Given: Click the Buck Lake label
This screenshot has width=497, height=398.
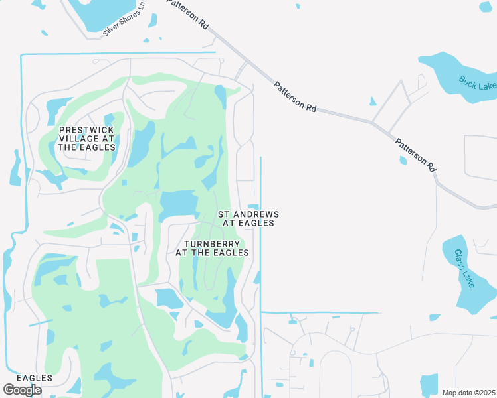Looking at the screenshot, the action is pyautogui.click(x=477, y=83).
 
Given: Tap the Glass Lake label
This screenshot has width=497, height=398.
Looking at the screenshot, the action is pyautogui.click(x=464, y=268).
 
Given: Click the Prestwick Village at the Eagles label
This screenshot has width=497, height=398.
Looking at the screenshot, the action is pyautogui.click(x=87, y=139).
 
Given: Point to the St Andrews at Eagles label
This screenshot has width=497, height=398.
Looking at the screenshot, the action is pyautogui.click(x=248, y=219).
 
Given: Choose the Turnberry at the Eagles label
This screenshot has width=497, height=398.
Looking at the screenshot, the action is pyautogui.click(x=212, y=248).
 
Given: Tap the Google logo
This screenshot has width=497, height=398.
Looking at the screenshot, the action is pyautogui.click(x=22, y=389).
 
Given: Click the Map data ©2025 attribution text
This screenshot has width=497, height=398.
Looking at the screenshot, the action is pyautogui.click(x=469, y=393).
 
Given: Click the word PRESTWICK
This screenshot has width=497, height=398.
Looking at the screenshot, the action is pyautogui.click(x=87, y=130).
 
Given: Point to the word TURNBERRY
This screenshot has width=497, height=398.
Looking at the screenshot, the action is pyautogui.click(x=212, y=244).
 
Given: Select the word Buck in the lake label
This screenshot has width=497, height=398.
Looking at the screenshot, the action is pyautogui.click(x=468, y=80).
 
